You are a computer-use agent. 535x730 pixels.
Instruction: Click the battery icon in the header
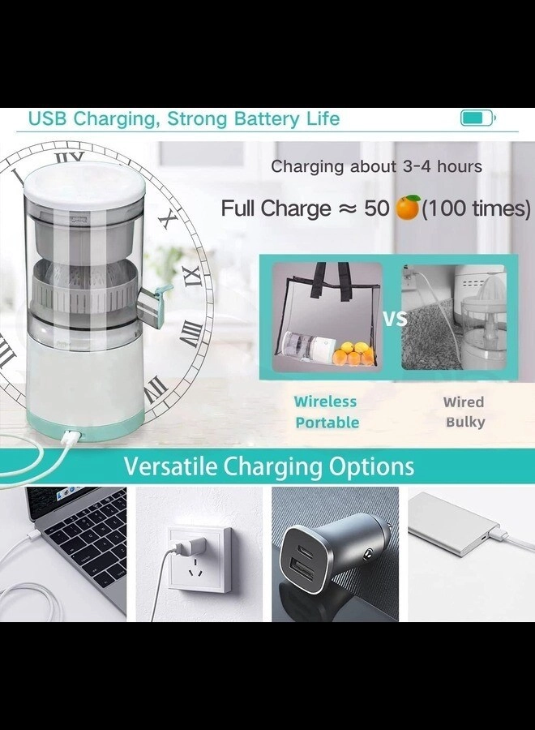click(x=477, y=118)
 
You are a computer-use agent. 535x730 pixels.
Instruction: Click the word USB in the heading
click(x=48, y=118)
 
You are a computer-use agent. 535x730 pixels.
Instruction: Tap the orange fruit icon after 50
click(x=408, y=208)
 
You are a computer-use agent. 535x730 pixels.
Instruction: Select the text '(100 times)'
click(x=476, y=208)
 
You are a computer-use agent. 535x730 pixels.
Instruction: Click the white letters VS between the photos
click(x=395, y=319)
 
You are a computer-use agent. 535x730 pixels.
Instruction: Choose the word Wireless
click(x=325, y=401)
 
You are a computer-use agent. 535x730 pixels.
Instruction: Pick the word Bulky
click(x=465, y=423)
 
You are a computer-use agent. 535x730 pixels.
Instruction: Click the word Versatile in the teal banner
click(x=171, y=466)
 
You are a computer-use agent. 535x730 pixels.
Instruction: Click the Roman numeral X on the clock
click(x=171, y=219)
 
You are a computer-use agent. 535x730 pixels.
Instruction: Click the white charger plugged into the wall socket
click(x=190, y=545)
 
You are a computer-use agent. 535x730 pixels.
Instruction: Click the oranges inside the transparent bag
click(x=352, y=354)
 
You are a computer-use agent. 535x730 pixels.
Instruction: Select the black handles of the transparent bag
click(x=332, y=279)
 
